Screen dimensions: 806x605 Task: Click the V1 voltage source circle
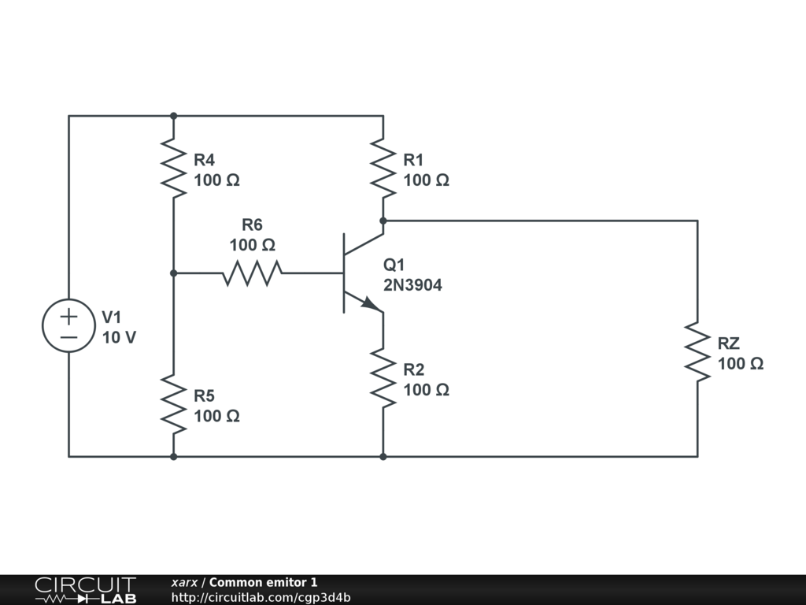[68, 299]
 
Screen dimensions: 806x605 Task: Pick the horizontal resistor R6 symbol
[252, 273]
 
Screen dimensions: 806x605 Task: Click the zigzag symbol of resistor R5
[174, 404]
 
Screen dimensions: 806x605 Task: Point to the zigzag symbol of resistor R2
[383, 378]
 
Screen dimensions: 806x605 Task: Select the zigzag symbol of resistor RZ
[697, 352]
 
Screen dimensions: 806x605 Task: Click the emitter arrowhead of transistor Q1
[372, 303]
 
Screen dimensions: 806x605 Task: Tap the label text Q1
[394, 265]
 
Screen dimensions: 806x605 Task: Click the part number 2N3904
[412, 285]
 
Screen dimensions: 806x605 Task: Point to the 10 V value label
[119, 337]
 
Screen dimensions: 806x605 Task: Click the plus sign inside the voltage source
[68, 317]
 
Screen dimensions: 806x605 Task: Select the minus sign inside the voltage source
[68, 337]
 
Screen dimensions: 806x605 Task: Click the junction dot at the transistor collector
[383, 221]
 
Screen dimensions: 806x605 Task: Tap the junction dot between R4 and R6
[174, 273]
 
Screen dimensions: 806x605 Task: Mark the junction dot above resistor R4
[174, 117]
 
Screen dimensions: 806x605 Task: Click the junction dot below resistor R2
[383, 456]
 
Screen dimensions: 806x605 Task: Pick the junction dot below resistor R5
[174, 456]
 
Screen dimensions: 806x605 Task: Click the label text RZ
[728, 343]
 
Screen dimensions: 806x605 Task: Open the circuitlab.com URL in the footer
[261, 597]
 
